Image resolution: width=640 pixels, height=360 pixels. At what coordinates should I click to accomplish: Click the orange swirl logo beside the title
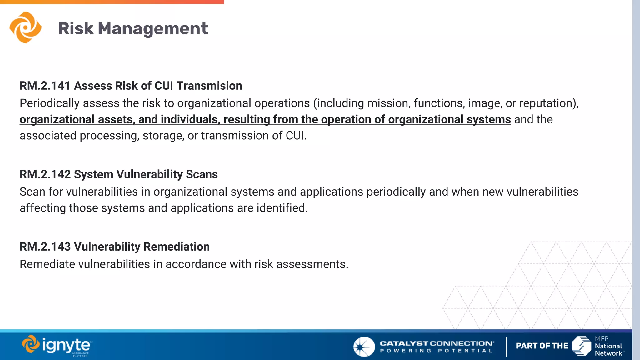click(x=25, y=27)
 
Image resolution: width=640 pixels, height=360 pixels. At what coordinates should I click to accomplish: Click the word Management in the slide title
click(x=153, y=29)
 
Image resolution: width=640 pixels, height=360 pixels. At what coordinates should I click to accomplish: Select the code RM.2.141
click(x=45, y=86)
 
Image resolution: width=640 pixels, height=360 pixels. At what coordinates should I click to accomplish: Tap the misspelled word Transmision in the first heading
click(x=209, y=86)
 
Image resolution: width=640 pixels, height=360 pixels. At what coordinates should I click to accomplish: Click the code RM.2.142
click(x=45, y=174)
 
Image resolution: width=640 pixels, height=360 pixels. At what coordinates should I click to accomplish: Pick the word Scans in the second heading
click(x=202, y=174)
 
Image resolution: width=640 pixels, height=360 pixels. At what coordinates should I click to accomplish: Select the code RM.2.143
click(x=45, y=247)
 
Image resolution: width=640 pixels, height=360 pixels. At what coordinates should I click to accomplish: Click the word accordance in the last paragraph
click(x=196, y=264)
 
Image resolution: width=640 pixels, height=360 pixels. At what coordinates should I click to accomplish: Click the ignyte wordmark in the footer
click(x=66, y=345)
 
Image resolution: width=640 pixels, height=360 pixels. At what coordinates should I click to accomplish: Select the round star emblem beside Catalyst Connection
click(x=364, y=347)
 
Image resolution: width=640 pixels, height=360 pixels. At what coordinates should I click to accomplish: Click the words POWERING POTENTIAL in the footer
click(x=436, y=351)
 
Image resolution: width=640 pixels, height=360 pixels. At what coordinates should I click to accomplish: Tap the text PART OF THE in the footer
click(x=542, y=346)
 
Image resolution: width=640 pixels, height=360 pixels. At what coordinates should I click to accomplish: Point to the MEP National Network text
click(x=608, y=346)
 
